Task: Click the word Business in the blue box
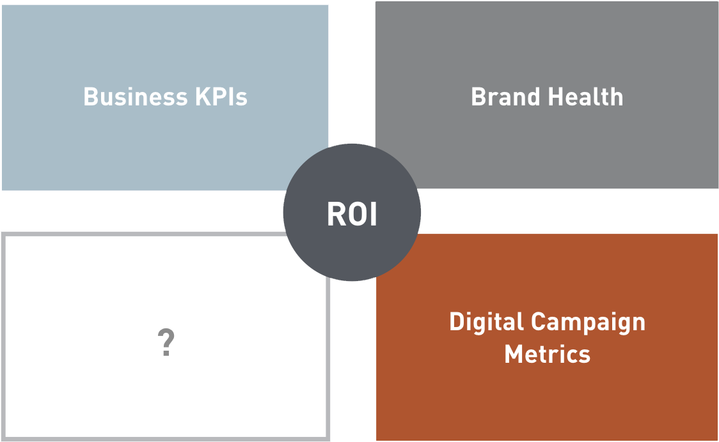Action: tap(136, 96)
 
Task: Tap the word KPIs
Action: tap(221, 96)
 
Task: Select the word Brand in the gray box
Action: tap(505, 96)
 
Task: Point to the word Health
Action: tap(585, 96)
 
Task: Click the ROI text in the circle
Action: tap(352, 214)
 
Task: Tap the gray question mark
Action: tap(166, 342)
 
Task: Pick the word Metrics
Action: tap(547, 354)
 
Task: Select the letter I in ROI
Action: tap(374, 214)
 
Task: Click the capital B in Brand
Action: tap(478, 96)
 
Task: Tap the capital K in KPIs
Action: tap(204, 96)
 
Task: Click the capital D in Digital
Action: tap(457, 321)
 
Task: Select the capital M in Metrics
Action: tap(514, 354)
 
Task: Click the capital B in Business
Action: tap(91, 96)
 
